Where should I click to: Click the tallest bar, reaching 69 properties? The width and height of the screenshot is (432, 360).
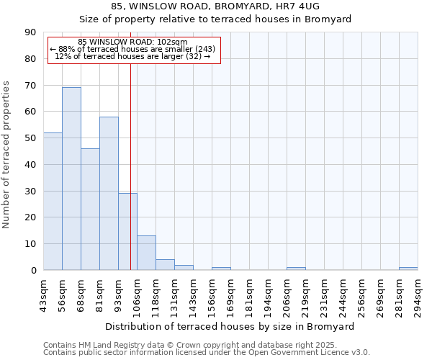71,179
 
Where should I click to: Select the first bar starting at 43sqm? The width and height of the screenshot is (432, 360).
53,202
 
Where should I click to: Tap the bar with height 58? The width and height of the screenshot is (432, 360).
109,193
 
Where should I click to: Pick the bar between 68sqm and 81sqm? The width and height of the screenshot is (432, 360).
90,209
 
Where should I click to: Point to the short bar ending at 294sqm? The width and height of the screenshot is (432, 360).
408,269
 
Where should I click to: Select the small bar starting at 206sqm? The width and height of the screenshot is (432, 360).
296,269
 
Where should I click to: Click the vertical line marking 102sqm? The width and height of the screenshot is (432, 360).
130,166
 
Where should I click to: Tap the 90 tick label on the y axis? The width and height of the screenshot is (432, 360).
30,32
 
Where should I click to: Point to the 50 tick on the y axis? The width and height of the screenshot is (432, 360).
30,138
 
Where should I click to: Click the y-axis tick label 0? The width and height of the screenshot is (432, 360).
33,271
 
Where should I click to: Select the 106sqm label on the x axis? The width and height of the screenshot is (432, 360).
137,296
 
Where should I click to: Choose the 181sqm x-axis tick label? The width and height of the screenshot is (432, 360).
249,296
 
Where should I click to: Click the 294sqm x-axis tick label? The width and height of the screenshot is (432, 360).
418,296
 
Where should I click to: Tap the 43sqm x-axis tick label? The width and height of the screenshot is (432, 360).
43,296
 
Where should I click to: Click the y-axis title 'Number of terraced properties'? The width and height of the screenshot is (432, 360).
6,154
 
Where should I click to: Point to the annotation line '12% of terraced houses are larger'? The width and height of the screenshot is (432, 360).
132,56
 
